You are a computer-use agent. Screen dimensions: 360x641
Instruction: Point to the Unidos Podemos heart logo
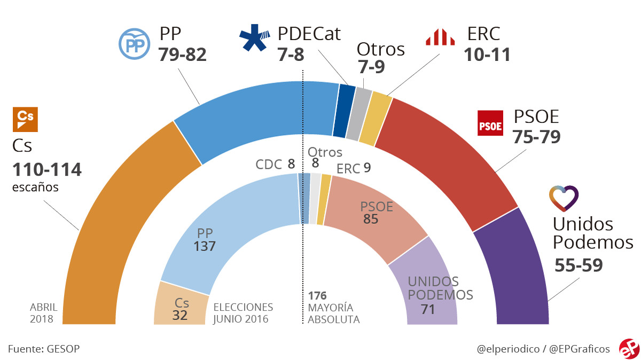coord(564,198)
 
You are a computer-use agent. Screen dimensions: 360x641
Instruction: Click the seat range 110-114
coord(47,170)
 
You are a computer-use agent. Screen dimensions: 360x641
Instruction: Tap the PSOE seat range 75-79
coord(536,137)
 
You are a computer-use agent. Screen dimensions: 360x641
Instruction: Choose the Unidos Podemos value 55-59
coord(579,265)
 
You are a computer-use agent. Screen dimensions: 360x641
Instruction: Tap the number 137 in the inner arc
coord(205,246)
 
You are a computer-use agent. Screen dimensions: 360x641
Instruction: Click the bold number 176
coord(317,295)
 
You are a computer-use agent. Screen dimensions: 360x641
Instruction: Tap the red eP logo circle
coord(629,348)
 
